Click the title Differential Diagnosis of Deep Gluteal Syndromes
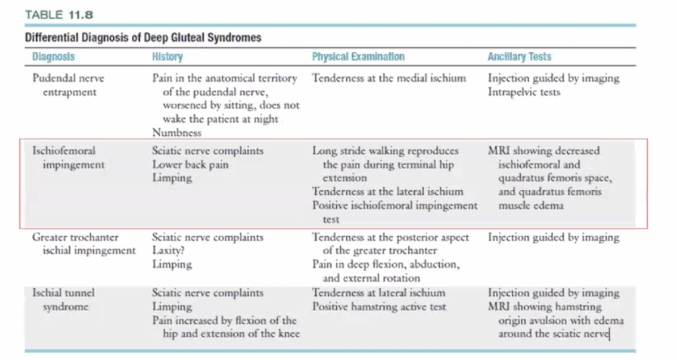click(143, 38)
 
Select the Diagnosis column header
click(53, 57)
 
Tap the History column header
click(167, 57)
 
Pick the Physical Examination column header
click(358, 57)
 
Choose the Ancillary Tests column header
click(519, 57)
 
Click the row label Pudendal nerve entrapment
click(68, 85)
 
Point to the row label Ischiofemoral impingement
click(68, 158)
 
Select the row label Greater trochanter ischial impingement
click(84, 244)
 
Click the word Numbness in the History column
click(177, 132)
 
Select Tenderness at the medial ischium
click(388, 78)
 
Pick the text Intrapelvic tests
click(524, 91)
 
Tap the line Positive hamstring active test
click(379, 307)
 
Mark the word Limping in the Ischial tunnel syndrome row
click(172, 307)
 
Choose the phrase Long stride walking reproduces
click(385, 151)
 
